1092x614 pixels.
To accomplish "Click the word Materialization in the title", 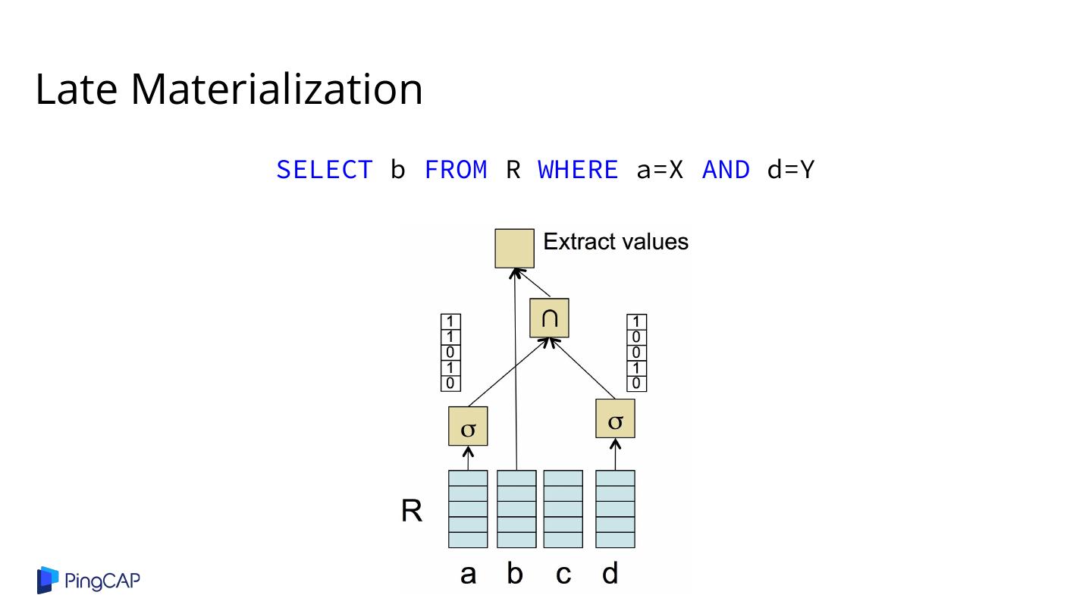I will coord(277,89).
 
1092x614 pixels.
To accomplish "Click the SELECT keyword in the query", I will coord(324,170).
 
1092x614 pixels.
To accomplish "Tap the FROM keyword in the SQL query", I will coord(456,170).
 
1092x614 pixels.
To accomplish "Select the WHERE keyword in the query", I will coord(578,170).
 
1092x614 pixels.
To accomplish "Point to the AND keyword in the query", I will coord(726,170).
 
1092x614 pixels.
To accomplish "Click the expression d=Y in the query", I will coord(790,170).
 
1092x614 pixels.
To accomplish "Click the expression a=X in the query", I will coord(660,170).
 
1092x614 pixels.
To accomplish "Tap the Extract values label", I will coord(616,242).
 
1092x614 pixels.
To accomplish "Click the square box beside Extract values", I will coord(514,248).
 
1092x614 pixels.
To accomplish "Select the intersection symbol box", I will coord(549,318).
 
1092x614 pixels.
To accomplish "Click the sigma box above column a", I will coord(468,427).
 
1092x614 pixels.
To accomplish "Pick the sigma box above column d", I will coord(615,418).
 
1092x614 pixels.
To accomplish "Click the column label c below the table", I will coord(563,575).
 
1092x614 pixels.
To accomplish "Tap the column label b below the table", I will coord(515,575).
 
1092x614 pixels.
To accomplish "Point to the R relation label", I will coord(412,512).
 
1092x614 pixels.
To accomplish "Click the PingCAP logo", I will coord(89,581).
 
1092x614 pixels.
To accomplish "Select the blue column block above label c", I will coord(563,509).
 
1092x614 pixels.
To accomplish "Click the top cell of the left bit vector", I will coord(450,321).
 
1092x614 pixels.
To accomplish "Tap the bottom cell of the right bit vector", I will coord(637,384).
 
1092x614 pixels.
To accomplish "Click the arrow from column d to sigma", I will coord(615,455).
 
